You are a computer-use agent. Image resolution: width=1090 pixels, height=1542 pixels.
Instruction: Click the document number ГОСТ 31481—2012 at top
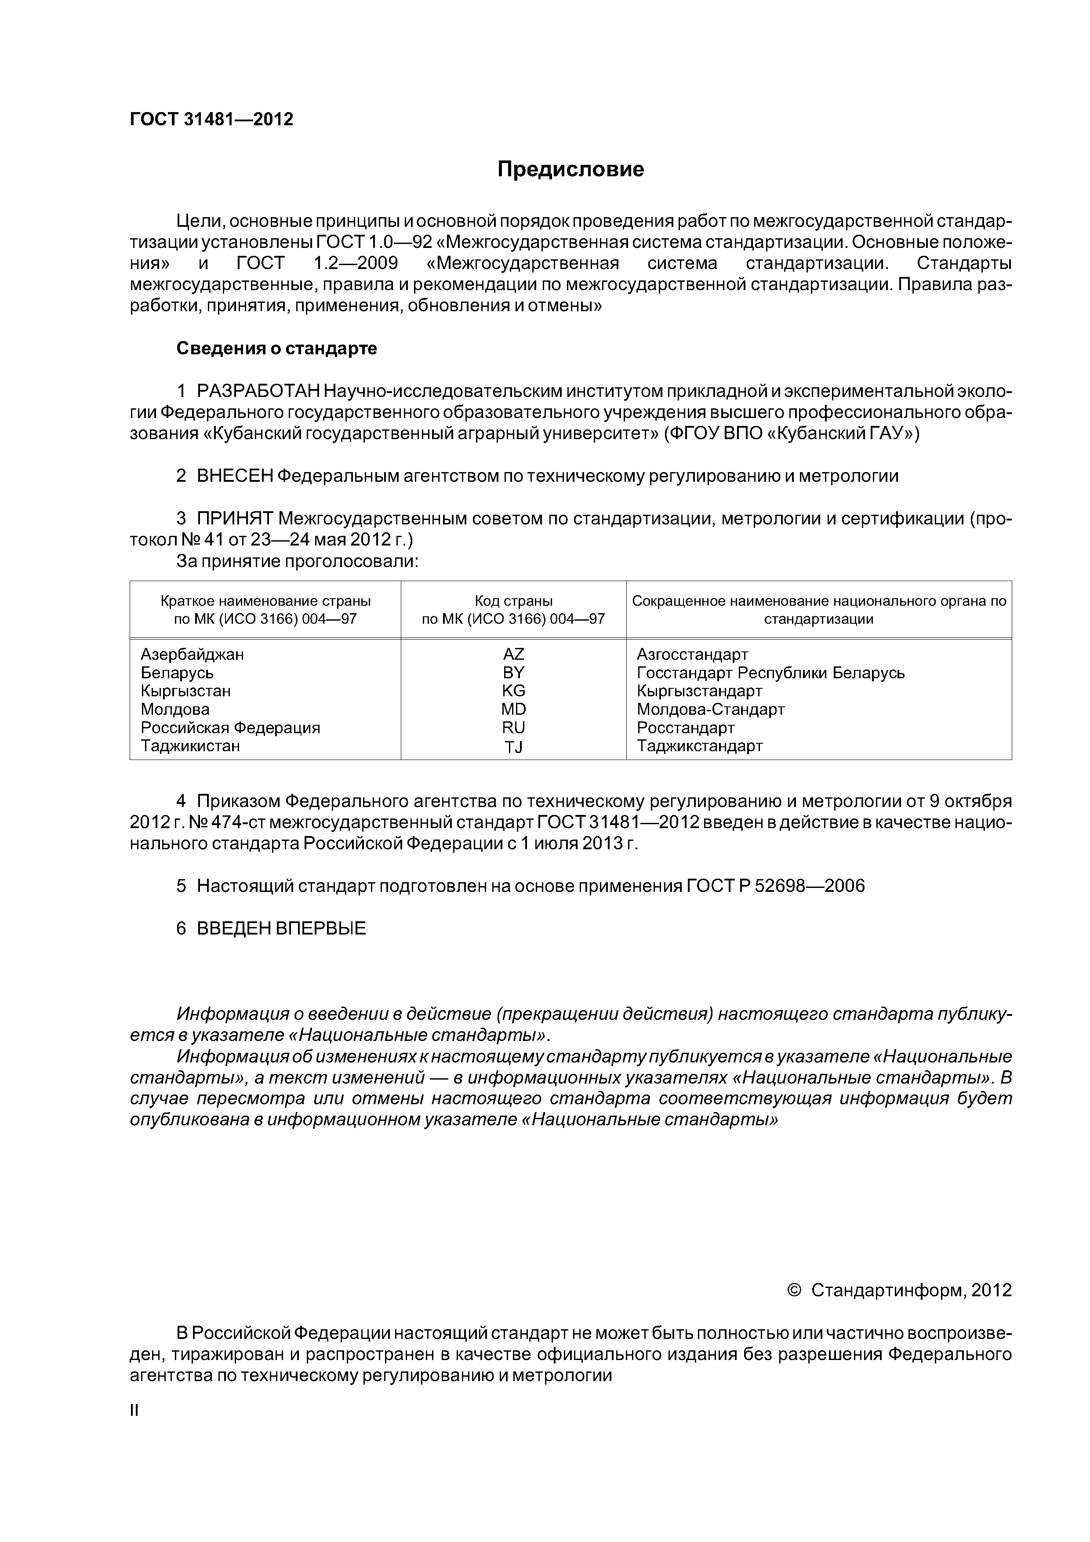(x=211, y=120)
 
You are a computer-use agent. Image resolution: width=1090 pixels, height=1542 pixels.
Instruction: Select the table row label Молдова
(x=174, y=709)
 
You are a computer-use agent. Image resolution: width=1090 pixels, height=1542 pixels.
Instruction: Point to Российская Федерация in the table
(x=230, y=728)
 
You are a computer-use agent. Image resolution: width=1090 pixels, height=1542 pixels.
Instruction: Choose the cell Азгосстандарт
(x=692, y=654)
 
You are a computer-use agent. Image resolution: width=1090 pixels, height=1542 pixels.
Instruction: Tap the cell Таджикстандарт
(x=699, y=746)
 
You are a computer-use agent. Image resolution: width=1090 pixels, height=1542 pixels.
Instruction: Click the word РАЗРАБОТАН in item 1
(x=258, y=391)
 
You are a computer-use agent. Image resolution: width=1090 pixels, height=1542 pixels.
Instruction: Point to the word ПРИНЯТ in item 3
(x=235, y=519)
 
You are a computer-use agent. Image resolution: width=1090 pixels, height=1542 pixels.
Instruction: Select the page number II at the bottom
(x=134, y=1411)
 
